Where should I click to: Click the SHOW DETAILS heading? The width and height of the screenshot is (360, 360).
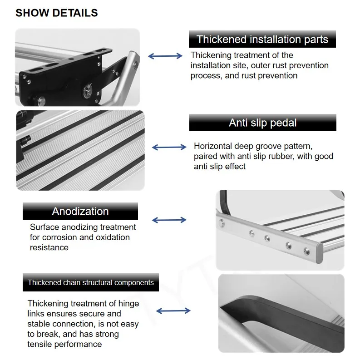pos(56,13)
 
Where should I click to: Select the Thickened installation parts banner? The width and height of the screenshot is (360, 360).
pos(262,39)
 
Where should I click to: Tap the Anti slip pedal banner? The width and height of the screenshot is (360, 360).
pos(262,123)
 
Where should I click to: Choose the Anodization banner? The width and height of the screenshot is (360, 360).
pos(80,211)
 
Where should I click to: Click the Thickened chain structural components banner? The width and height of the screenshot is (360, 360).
pos(90,282)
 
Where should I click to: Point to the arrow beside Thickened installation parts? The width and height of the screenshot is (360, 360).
pos(165,56)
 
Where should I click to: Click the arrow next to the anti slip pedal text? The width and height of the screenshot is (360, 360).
pos(168,147)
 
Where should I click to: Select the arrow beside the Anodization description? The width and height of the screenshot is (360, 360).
pos(168,220)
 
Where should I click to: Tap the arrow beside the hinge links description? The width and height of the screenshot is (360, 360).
pos(173,311)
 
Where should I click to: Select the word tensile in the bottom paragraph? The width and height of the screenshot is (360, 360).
pos(40,344)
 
